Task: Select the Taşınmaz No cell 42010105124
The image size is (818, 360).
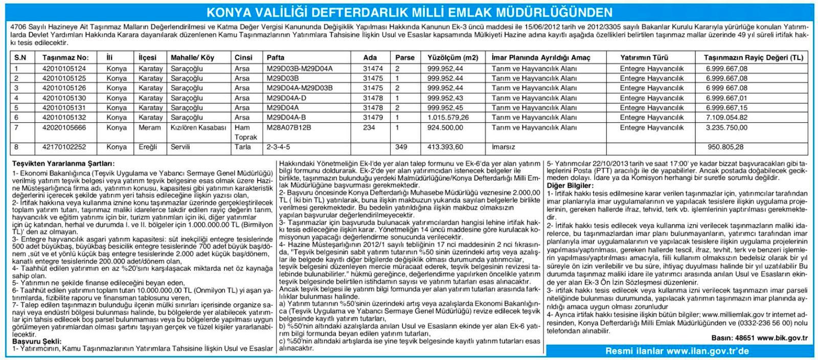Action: pyautogui.click(x=64, y=69)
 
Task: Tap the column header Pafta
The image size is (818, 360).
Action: pyautogui.click(x=276, y=58)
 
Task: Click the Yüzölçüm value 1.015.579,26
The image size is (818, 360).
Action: pyautogui.click(x=448, y=118)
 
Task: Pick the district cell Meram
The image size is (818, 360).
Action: pyautogui.click(x=150, y=127)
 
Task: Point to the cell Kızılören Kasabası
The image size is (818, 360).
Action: pyautogui.click(x=198, y=127)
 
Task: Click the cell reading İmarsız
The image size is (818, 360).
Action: pyautogui.click(x=503, y=147)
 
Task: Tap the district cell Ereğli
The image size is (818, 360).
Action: pyautogui.click(x=149, y=147)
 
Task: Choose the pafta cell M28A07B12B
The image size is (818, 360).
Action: pyautogui.click(x=289, y=127)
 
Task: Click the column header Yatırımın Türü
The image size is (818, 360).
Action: pyautogui.click(x=644, y=58)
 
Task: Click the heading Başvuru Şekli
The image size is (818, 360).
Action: pyautogui.click(x=37, y=341)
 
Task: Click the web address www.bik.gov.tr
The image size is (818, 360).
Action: pyautogui.click(x=782, y=338)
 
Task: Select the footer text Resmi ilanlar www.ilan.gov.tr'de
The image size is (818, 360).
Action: pyautogui.click(x=677, y=351)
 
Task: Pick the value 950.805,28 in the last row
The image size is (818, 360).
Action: pyautogui.click(x=725, y=147)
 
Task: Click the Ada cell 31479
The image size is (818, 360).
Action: pyautogui.click(x=373, y=118)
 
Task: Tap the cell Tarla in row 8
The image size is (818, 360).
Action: pyautogui.click(x=242, y=147)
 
